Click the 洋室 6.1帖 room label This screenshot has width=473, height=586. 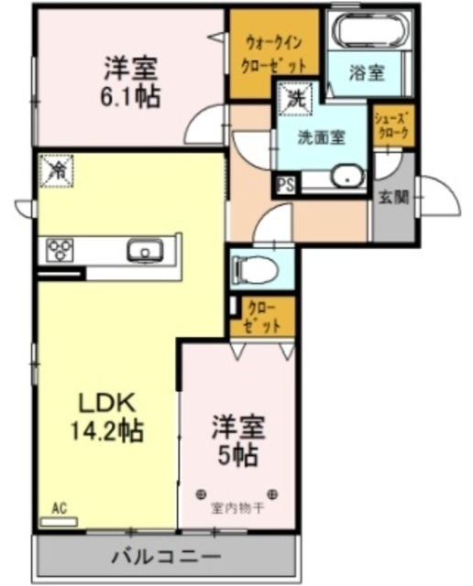tap(132, 81)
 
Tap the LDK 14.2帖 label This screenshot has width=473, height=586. tap(107, 416)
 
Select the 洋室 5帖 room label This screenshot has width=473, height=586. tap(238, 439)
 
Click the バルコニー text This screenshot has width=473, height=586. tap(166, 556)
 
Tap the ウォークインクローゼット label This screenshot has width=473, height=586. tap(273, 54)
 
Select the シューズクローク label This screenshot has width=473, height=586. tap(393, 125)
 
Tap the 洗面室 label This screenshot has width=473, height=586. tap(322, 137)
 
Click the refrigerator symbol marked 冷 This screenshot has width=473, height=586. tap(57, 170)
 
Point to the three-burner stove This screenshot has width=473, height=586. tap(61, 250)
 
